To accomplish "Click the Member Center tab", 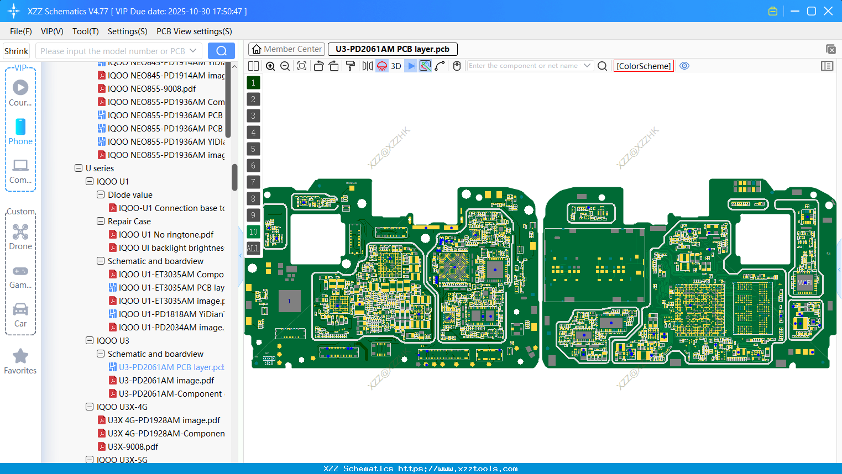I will [286, 49].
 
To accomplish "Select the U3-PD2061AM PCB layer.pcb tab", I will [392, 49].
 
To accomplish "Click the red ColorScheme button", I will [644, 66].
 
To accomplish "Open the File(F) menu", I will [21, 31].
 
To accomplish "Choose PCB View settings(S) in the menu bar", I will [194, 31].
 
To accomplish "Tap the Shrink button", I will [16, 51].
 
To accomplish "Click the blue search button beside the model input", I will [221, 51].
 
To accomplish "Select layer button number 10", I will [253, 232].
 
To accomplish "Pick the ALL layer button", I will [253, 249].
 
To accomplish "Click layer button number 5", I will [253, 149].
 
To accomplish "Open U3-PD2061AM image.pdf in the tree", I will [166, 381].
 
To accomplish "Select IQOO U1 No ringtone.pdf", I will [166, 235].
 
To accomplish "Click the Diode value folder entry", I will [130, 195].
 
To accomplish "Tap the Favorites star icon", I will [20, 356].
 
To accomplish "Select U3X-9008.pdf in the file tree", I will [133, 447].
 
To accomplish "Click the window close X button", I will [828, 11].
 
